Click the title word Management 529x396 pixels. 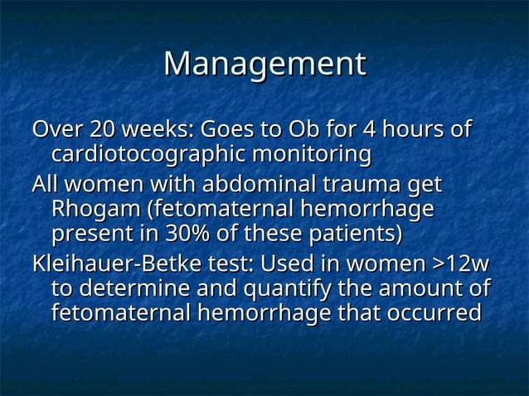click(264, 65)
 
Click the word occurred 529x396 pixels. click(430, 314)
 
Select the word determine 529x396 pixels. click(124, 289)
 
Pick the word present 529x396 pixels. click(88, 234)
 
